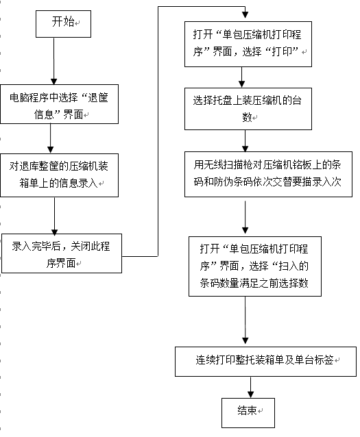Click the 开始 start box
point(63,24)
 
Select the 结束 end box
point(248,413)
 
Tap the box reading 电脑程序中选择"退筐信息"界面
point(59,104)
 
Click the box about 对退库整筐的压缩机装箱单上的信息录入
point(59,175)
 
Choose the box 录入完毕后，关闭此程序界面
point(62,253)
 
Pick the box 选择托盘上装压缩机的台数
point(248,109)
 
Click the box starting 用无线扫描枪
point(268,174)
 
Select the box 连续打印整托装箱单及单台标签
point(265,362)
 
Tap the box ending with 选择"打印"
point(248,44)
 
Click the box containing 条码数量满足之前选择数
point(255,266)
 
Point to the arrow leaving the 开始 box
point(54,61)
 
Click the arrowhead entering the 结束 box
point(250,395)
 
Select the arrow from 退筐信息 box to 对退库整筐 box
point(51,138)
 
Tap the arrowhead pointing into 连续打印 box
point(245,340)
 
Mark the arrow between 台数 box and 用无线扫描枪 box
point(245,140)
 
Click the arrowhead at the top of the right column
point(245,15)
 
